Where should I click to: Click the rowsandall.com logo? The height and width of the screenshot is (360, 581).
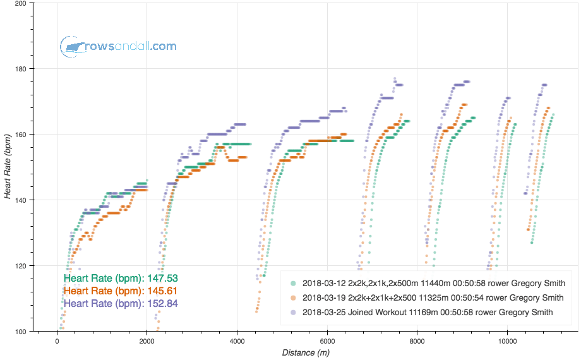tap(119, 46)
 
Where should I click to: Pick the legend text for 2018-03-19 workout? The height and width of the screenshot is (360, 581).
tap(433, 297)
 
